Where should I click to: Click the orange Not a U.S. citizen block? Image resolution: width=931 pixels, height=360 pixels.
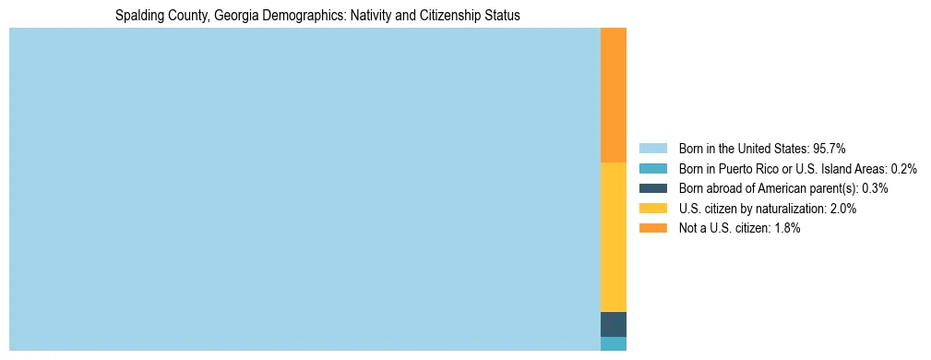pos(613,95)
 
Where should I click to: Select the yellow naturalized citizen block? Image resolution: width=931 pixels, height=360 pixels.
pos(613,236)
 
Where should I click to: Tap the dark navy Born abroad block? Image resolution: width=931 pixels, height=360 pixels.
pos(613,324)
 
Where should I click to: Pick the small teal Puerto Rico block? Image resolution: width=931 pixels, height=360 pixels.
pos(613,343)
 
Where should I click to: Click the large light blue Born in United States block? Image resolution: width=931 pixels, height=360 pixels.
pos(304,189)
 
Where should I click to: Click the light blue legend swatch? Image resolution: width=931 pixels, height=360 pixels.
pos(652,148)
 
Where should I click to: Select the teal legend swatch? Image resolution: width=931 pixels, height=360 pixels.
pos(652,168)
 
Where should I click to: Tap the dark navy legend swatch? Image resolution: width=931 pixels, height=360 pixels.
pos(652,188)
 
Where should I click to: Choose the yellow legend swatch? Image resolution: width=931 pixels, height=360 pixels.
pos(652,209)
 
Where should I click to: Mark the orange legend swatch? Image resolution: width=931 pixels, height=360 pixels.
pos(652,229)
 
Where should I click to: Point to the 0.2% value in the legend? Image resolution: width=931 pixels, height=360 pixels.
pos(903,168)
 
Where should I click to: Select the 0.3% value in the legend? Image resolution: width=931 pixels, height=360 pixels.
pos(875,188)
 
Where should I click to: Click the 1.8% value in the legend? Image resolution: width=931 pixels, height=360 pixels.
pos(786,229)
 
